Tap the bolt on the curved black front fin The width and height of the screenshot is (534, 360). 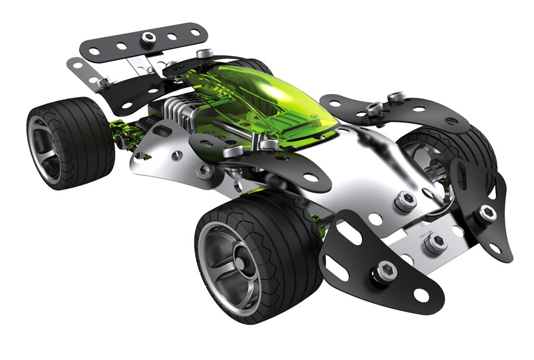[488, 211]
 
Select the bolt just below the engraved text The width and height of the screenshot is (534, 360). [436, 241]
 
